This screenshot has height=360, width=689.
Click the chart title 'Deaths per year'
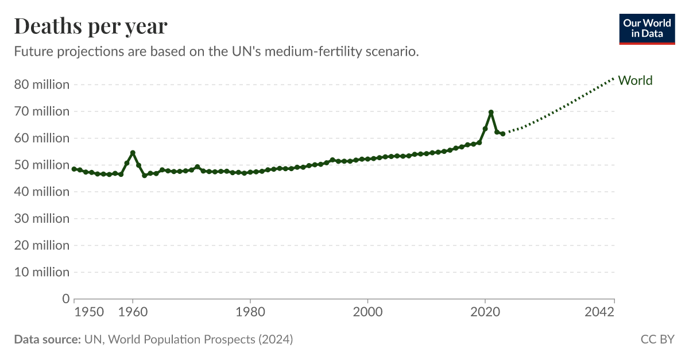[x=91, y=26]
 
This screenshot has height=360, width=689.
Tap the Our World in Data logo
[x=647, y=29]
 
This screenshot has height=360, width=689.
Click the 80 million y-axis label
[x=41, y=84]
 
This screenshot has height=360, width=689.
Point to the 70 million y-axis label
[x=41, y=111]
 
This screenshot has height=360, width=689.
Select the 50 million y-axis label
[x=41, y=165]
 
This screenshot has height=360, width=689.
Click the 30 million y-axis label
[x=41, y=219]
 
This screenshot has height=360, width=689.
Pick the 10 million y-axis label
[x=41, y=272]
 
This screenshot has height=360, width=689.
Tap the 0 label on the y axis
[x=65, y=299]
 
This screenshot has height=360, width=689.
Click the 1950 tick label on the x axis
[x=89, y=312]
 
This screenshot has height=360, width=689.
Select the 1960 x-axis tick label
[x=133, y=312]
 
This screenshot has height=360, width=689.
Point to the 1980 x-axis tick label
[x=250, y=312]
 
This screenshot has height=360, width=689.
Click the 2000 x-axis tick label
[x=367, y=312]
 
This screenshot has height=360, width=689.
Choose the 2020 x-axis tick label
[x=485, y=312]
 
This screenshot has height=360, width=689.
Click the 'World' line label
[x=635, y=80]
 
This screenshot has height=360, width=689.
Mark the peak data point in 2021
[x=491, y=112]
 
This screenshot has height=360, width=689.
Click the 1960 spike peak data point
[x=133, y=153]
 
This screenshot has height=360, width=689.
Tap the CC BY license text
[x=657, y=339]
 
